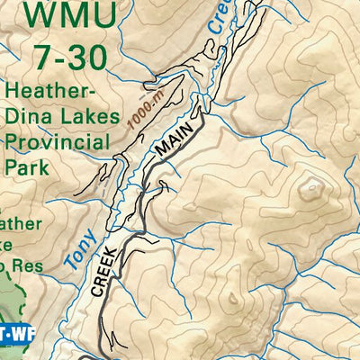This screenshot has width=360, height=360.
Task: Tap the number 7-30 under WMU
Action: (69, 57)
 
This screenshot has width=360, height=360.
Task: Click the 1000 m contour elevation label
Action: (145, 111)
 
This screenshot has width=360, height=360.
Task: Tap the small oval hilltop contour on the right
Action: (312, 188)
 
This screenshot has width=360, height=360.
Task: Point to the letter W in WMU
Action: (40, 16)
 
